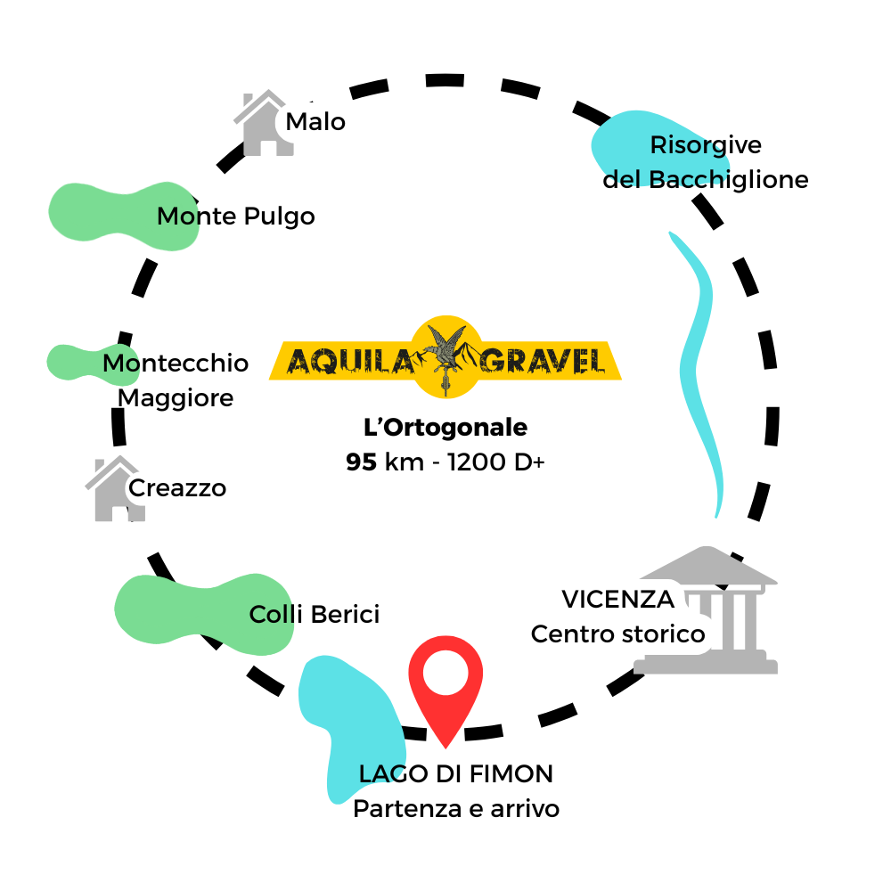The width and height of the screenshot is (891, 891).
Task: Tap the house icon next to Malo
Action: pyautogui.click(x=261, y=124)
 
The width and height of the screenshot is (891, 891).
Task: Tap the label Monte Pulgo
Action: pyautogui.click(x=235, y=217)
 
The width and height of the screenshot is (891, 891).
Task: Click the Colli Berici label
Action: pyautogui.click(x=315, y=614)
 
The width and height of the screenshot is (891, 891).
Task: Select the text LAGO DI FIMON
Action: pyautogui.click(x=455, y=774)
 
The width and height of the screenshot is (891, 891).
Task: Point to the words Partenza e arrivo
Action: pyautogui.click(x=456, y=809)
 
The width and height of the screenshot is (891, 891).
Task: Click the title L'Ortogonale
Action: pyautogui.click(x=445, y=428)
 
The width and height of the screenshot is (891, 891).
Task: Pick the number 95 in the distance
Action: pyautogui.click(x=362, y=463)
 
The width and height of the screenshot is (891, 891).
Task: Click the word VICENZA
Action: pyautogui.click(x=617, y=600)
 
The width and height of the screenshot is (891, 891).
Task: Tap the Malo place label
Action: pyautogui.click(x=315, y=121)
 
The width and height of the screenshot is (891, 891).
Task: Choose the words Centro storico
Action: pyautogui.click(x=617, y=634)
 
